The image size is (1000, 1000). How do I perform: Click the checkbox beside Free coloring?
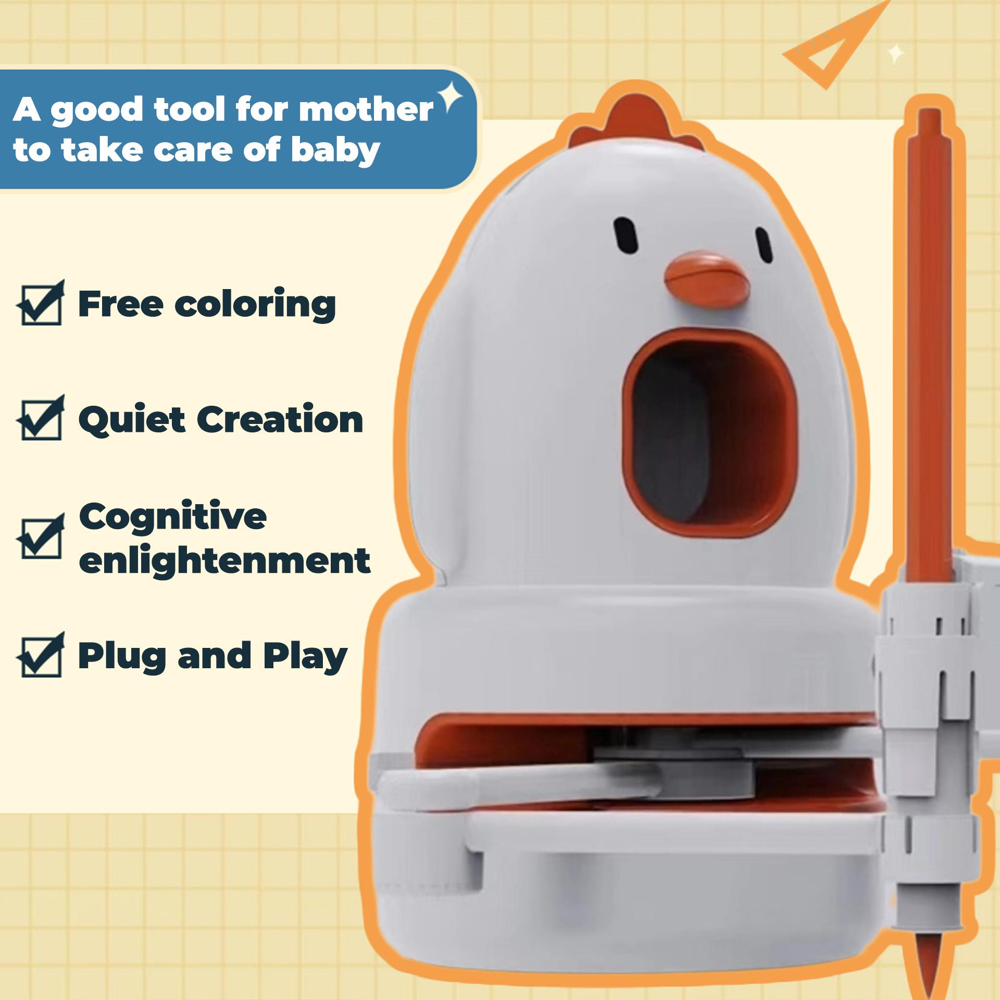(x=41, y=303)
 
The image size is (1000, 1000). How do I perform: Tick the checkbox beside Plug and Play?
(x=41, y=654)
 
